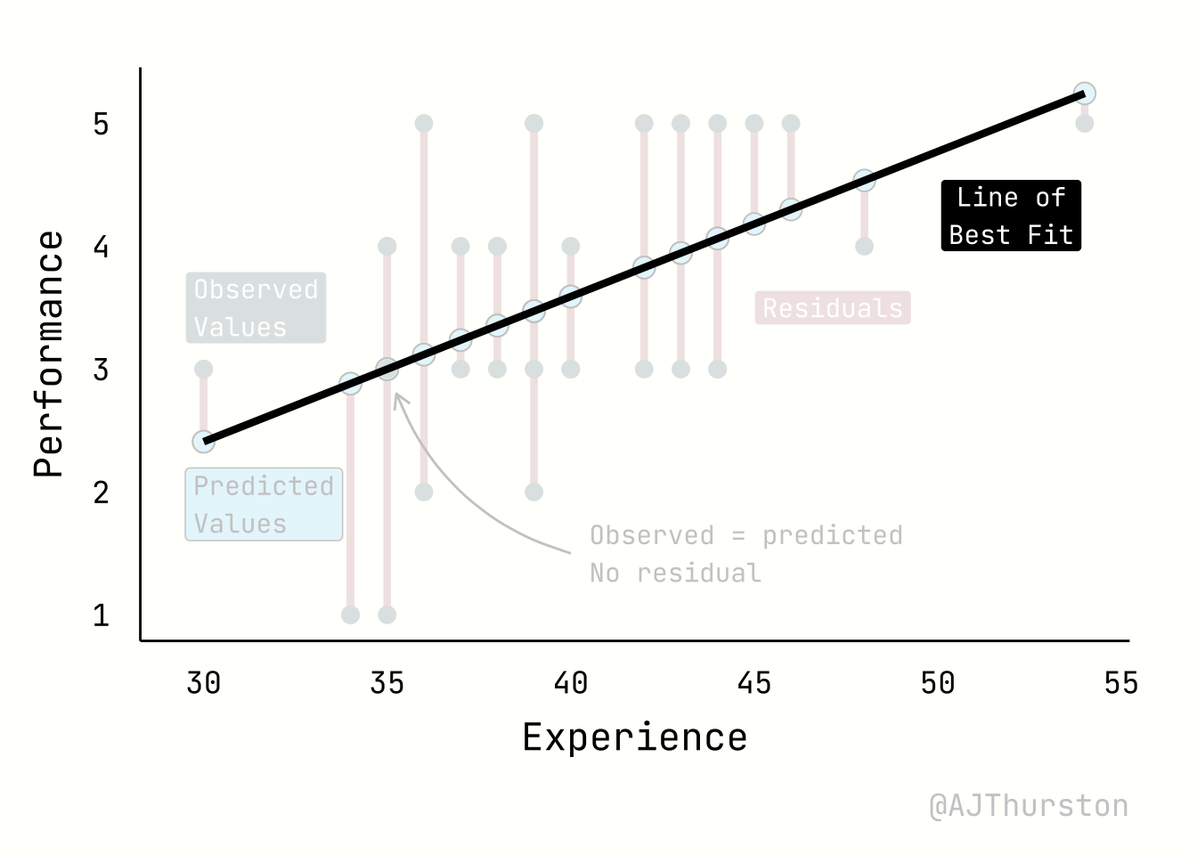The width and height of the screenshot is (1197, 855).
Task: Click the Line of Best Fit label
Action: pos(1011,216)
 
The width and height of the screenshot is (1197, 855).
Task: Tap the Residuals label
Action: pos(833,308)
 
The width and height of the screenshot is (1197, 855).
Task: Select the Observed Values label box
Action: pos(256,308)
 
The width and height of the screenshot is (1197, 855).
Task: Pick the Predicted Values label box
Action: pos(264,505)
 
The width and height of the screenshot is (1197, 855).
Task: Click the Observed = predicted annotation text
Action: pos(746,535)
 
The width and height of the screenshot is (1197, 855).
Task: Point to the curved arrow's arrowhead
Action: pos(398,397)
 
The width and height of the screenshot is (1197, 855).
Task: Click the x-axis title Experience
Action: pos(634,737)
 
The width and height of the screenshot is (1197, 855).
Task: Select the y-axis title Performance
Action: pos(49,354)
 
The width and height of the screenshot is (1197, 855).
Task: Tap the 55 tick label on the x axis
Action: pos(1120,683)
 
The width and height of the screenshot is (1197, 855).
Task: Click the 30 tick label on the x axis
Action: pos(203,683)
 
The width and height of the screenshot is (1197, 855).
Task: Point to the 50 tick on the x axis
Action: pos(937,683)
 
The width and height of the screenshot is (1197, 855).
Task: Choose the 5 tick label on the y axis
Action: pos(101,124)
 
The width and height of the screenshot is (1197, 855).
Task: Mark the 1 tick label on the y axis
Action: pos(101,615)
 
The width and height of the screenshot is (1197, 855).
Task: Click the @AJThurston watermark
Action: pos(1029,806)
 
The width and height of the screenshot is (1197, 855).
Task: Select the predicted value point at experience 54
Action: pos(1084,94)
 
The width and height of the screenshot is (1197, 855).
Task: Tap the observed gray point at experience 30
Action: pos(203,369)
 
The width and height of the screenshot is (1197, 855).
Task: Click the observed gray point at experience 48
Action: pos(864,246)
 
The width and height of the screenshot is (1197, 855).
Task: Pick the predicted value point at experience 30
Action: pos(203,442)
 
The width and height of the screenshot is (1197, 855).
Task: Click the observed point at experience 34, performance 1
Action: pos(350,615)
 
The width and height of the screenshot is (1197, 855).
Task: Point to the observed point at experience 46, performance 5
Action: pos(791,123)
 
